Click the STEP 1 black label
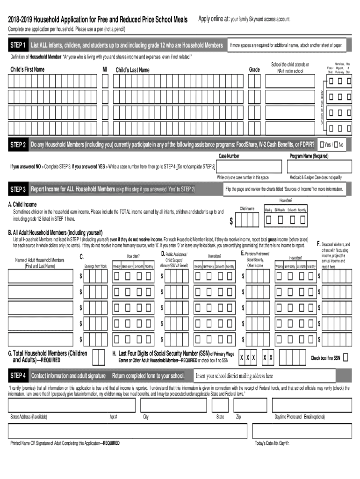[18, 45]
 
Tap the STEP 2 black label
[18, 145]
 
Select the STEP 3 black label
[18, 189]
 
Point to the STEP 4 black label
[18, 376]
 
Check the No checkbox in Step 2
[335, 145]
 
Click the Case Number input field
[249, 167]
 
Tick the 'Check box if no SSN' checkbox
[345, 358]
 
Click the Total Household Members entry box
[99, 357]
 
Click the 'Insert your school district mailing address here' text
[234, 376]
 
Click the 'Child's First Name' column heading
[27, 70]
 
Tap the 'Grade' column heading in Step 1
[254, 70]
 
